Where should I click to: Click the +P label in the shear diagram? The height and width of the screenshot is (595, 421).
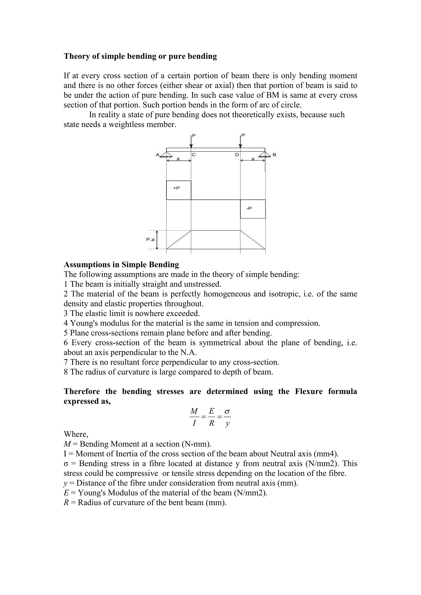[x=176, y=188]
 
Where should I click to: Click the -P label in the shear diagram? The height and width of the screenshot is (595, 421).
[x=249, y=208]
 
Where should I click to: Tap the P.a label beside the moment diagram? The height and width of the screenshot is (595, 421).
[x=150, y=239]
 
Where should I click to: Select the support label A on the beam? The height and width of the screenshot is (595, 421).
[x=157, y=155]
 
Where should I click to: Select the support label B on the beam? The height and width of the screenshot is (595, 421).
[x=274, y=155]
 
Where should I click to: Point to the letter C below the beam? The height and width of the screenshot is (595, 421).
[x=194, y=155]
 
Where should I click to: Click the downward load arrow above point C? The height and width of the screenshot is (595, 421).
[x=191, y=141]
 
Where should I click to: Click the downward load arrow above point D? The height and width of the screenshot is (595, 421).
[x=241, y=141]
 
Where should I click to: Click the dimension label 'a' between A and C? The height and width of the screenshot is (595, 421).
[x=178, y=159]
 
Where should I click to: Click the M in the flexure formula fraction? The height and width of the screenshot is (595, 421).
[x=194, y=411]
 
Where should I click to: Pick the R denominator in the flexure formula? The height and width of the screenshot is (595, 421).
[x=212, y=423]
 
